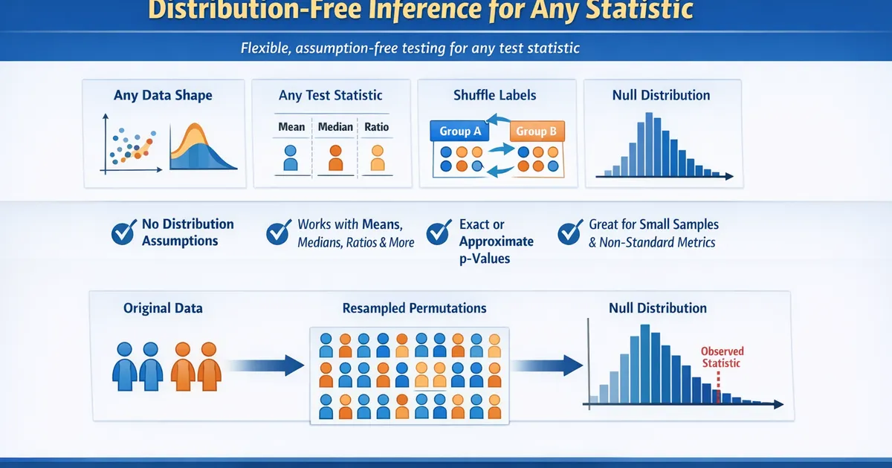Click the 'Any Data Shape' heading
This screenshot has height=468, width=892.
pos(163,95)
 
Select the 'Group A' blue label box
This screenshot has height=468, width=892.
pos(455,131)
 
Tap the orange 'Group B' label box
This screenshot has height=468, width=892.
pos(536,131)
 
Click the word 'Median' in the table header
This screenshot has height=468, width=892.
pos(335,127)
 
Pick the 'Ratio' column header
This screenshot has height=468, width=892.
pos(377,127)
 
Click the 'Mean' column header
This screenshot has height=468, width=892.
pos(291,127)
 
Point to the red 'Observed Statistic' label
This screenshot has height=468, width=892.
pos(722,357)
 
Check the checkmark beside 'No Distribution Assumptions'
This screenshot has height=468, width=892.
pos(123,233)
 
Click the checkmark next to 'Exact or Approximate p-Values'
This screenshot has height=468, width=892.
pos(439,233)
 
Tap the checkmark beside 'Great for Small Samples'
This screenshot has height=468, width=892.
pos(570,233)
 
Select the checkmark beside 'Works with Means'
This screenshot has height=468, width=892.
pos(278,233)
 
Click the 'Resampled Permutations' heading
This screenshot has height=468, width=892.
pos(414,308)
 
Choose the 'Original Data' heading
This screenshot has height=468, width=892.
pos(163,308)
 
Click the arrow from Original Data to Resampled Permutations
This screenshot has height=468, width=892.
pos(265,365)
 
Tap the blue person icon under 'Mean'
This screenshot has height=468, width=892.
pos(291,158)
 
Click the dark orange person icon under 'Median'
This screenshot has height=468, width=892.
pos(335,158)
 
